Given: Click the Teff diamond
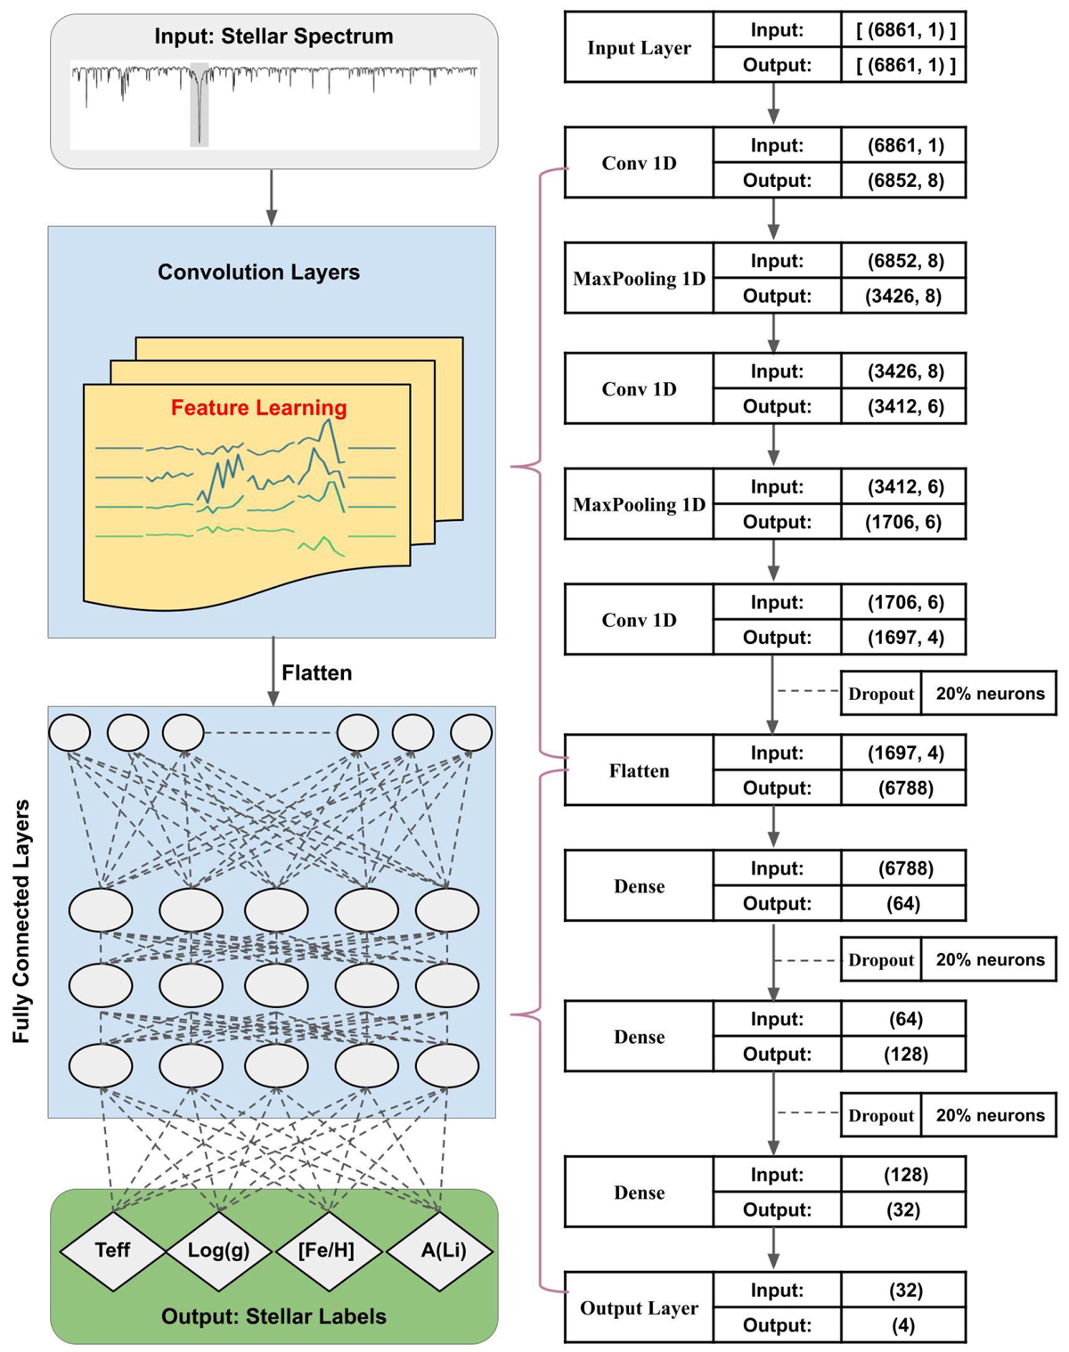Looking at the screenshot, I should click(x=112, y=1250).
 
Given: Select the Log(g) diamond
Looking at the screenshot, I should click(x=219, y=1250).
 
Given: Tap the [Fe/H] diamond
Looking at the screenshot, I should click(x=328, y=1250).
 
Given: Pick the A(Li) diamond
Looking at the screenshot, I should click(x=442, y=1250).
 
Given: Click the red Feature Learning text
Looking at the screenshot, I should click(x=258, y=408).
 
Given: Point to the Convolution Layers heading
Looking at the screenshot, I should click(x=258, y=272).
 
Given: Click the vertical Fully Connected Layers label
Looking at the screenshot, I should click(x=21, y=921).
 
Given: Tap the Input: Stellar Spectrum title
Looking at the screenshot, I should click(x=273, y=37).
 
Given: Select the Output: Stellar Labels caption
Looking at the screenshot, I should click(x=273, y=1316).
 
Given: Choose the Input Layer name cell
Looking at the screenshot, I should click(x=639, y=48).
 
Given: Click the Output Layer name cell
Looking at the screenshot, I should click(x=639, y=1307).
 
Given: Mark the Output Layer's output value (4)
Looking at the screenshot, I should click(x=903, y=1325).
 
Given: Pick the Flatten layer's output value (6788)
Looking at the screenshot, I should click(x=903, y=788).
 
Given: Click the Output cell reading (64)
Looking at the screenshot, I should click(x=903, y=903).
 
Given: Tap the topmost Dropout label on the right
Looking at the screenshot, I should click(x=881, y=694).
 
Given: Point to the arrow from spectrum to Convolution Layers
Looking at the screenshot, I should click(x=272, y=197).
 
